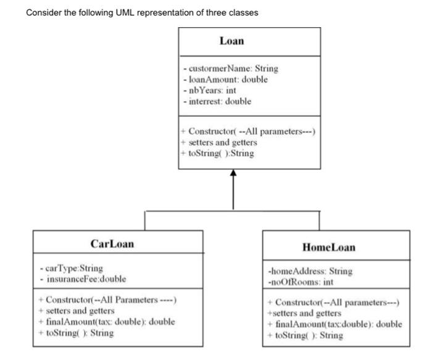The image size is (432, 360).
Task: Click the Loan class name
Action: (232, 41)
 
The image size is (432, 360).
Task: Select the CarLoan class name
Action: (112, 243)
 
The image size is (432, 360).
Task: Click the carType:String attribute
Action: (71, 268)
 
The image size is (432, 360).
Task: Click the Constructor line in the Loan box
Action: (248, 131)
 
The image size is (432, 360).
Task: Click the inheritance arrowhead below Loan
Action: (233, 174)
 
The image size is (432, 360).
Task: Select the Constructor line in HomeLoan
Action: (333, 303)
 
